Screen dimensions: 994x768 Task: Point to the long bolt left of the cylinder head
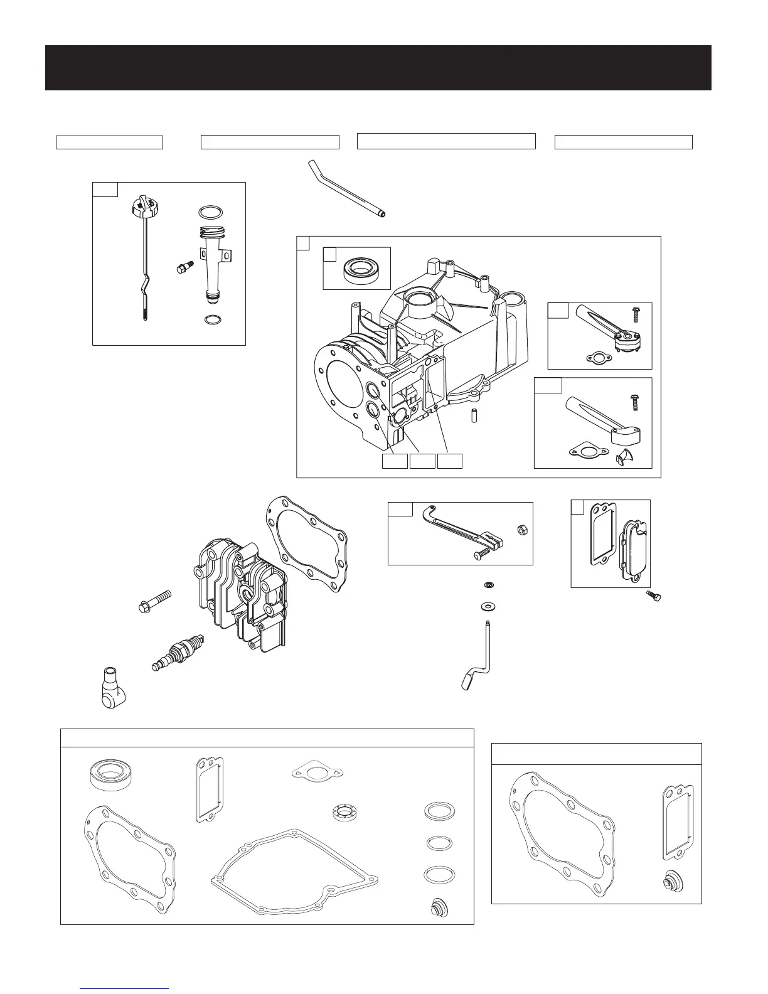pyautogui.click(x=154, y=601)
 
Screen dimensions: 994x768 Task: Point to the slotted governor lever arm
pyautogui.click(x=461, y=526)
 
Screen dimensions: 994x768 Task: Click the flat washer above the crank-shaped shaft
pyautogui.click(x=486, y=607)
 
